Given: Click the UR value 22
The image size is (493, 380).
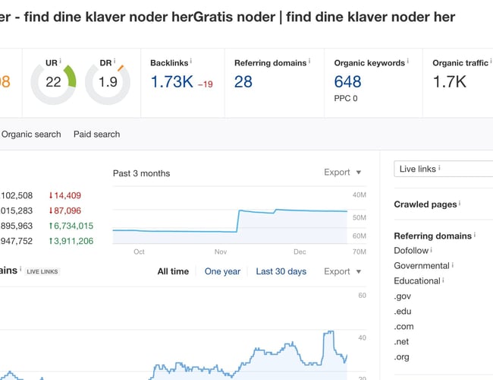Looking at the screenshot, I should tap(53, 82).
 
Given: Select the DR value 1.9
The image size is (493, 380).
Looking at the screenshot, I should tap(108, 82).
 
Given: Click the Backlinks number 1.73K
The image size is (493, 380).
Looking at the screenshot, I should tap(171, 82).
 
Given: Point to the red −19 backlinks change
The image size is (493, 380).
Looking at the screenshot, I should tap(205, 84).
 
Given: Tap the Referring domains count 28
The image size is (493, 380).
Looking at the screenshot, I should tap(243, 82).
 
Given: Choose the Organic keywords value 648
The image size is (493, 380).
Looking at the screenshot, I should tap(347, 82).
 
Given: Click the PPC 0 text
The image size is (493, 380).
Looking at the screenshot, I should tap(347, 99).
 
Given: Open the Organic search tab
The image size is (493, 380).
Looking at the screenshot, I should tap(31, 135).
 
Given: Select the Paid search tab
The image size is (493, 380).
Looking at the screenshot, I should tap(96, 135).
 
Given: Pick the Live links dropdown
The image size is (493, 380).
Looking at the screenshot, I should tap(444, 169).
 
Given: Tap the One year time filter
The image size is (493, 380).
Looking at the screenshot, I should tap(222, 271).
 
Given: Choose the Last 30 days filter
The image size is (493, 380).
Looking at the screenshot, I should tap(281, 271).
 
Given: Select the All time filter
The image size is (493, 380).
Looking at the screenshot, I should tap(173, 271).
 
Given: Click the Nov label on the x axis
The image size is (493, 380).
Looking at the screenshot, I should tap(221, 252).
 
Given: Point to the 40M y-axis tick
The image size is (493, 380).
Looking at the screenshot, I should tap(360, 195).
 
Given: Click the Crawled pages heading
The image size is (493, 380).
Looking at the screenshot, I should tap(425, 204).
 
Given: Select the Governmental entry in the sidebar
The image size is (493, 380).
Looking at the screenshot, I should tap(422, 266).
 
